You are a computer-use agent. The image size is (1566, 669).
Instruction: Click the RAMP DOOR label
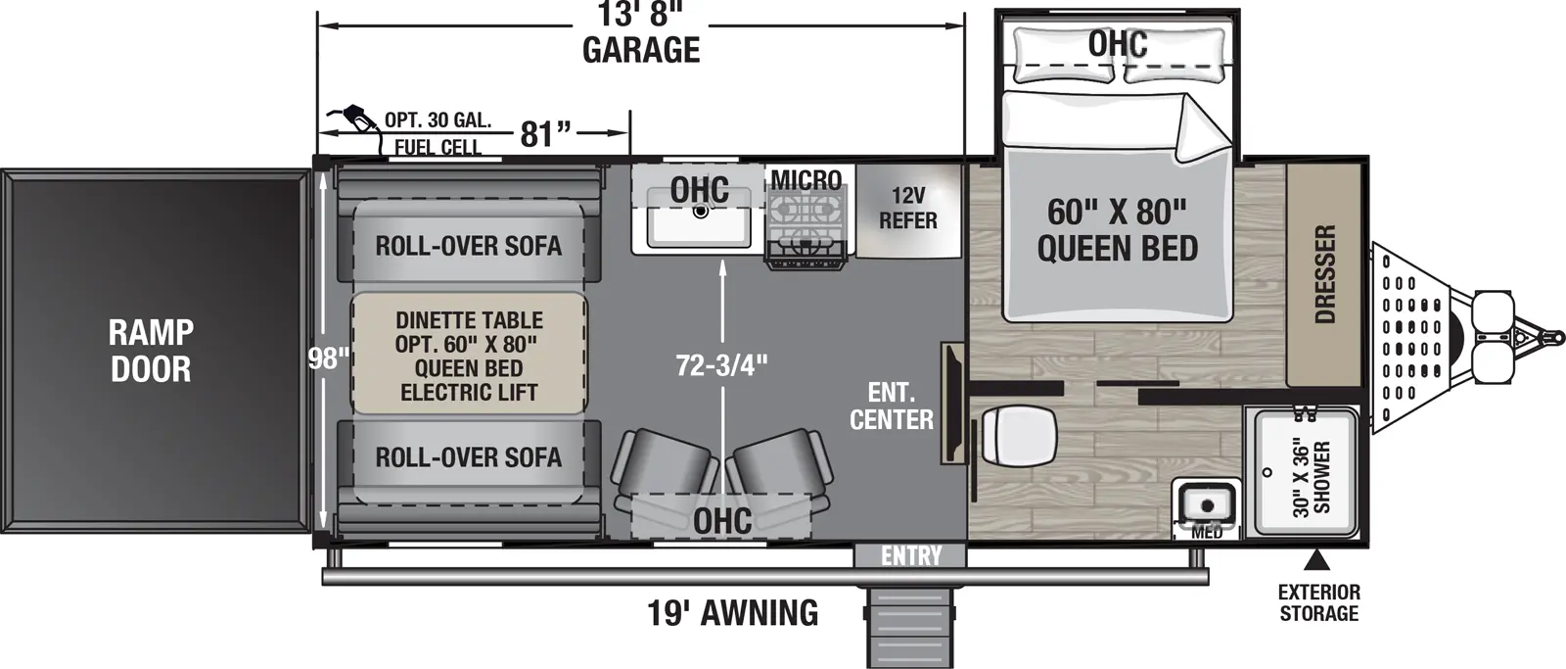(x=150, y=351)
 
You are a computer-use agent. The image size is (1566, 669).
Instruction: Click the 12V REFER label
(x=907, y=209)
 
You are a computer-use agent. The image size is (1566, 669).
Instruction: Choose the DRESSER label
(x=1323, y=275)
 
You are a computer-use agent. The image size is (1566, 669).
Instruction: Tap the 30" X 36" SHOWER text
(x=1312, y=476)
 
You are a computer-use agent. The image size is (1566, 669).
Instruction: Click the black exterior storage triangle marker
(x=1317, y=560)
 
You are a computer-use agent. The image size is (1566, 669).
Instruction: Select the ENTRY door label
(x=910, y=556)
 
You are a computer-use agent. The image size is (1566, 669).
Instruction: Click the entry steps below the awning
(x=908, y=627)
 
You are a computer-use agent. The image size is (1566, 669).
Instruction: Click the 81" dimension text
(x=544, y=133)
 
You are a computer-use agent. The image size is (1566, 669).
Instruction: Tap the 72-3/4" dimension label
(x=722, y=365)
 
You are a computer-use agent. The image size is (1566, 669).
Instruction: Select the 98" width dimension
(x=329, y=358)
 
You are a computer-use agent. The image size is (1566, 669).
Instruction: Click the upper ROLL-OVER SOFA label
(x=468, y=245)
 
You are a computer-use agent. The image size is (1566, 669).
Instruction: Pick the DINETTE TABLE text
(x=469, y=320)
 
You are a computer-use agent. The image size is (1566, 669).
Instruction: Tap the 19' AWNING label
(x=732, y=613)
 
